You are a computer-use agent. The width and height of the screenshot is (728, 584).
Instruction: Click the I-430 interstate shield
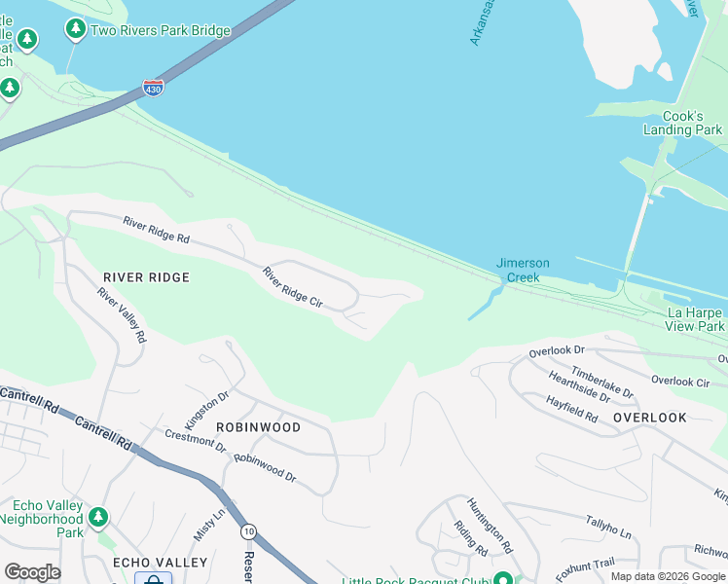tap(153, 87)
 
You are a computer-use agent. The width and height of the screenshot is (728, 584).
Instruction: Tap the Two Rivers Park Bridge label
tap(161, 31)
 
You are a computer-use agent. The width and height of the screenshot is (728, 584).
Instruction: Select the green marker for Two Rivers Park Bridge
tap(76, 30)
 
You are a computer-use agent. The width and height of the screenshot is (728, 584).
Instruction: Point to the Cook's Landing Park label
tap(683, 123)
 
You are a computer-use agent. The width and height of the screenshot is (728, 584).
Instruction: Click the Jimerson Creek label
tap(523, 271)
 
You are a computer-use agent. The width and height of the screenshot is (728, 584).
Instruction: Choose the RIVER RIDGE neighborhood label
tap(146, 277)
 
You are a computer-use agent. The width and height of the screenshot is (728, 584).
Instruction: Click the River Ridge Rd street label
tap(156, 231)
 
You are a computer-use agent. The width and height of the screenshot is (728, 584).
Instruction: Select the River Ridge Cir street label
tap(292, 288)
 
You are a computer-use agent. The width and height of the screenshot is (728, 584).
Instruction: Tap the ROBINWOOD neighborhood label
tap(258, 427)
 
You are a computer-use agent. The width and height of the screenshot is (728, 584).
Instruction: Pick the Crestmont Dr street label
tap(195, 442)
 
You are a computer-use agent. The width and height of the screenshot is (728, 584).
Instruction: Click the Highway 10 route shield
tap(250, 530)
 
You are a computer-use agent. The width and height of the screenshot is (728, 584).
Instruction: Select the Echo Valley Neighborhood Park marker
tap(97, 516)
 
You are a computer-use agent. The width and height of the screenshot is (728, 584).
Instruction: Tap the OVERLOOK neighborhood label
tap(650, 418)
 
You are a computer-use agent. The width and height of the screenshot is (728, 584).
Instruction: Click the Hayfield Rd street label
tap(571, 408)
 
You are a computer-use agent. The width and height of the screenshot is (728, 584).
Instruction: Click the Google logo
tap(32, 572)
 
